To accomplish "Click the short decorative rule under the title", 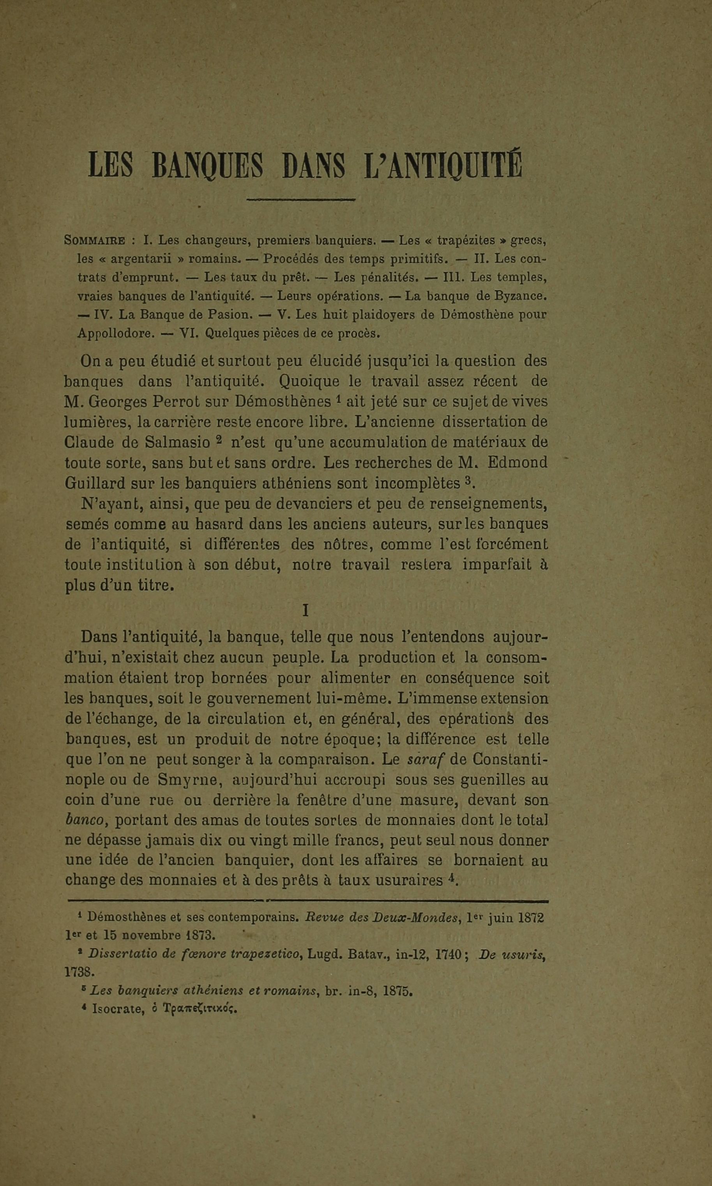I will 301,199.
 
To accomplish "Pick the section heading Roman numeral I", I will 305,611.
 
